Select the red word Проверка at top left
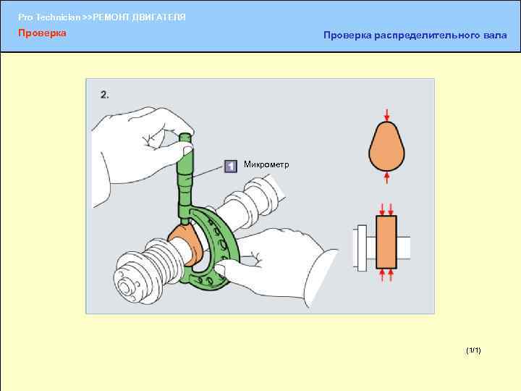click(42, 33)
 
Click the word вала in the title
click(495, 35)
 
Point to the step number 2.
click(105, 94)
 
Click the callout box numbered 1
click(230, 167)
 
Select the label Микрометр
click(266, 165)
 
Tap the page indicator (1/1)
click(473, 350)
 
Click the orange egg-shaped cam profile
click(387, 145)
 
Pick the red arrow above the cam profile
click(387, 114)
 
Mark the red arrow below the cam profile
click(387, 176)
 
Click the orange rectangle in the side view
click(386, 242)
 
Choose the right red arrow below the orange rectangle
click(393, 275)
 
